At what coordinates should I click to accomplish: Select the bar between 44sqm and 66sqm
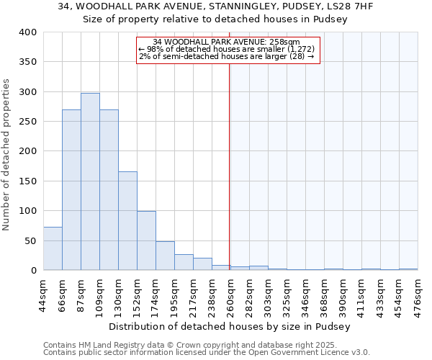pos(53,248)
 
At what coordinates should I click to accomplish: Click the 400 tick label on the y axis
pos(27,32)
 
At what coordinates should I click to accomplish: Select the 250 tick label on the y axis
pos(27,122)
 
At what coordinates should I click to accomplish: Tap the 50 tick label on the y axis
pos(30,240)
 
